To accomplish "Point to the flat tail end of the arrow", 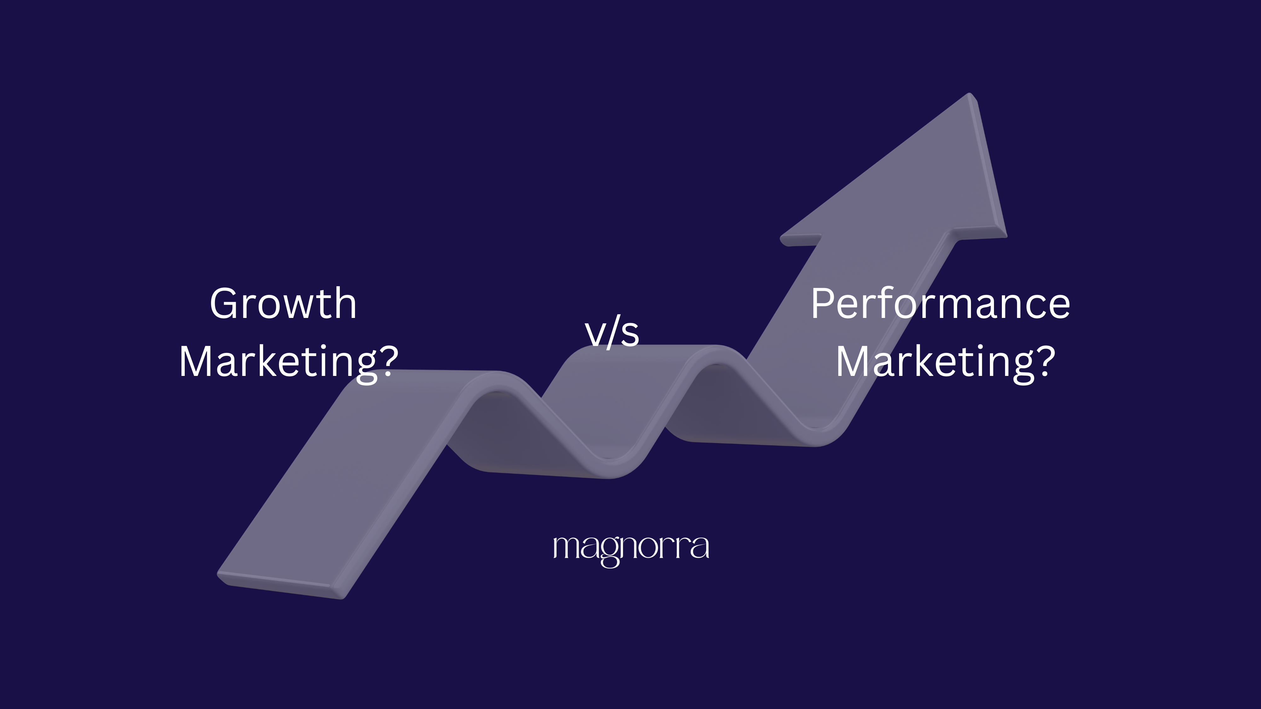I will [282, 585].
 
